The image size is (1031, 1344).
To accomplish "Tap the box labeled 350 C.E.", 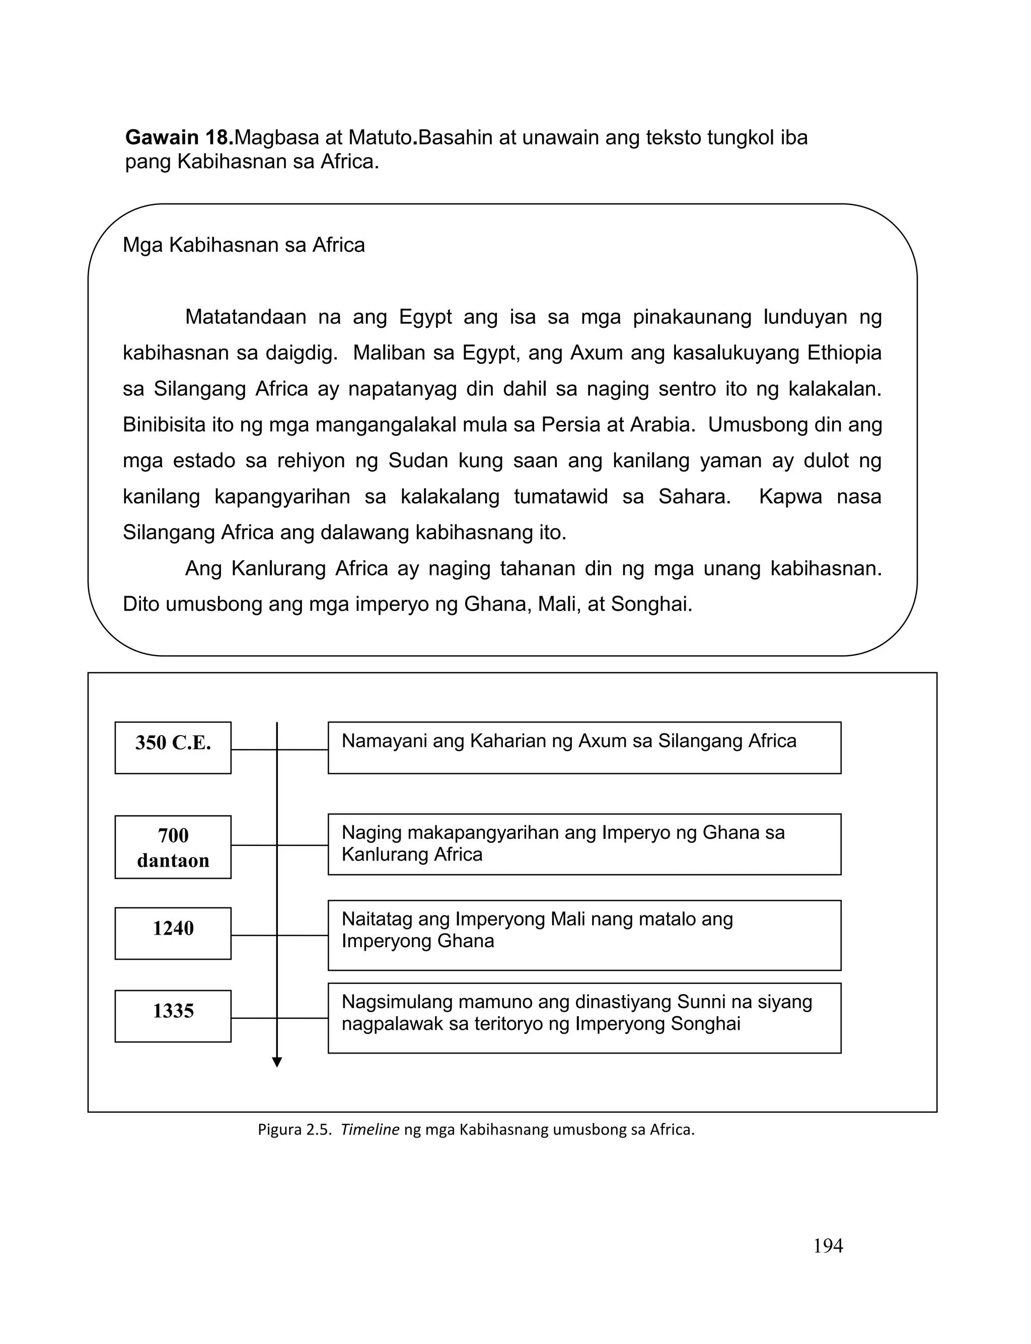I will click(x=173, y=747).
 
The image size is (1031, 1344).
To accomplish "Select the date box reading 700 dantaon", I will click(x=173, y=847).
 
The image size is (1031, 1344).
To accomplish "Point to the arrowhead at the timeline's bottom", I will click(x=277, y=1063).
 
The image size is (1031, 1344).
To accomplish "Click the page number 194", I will click(x=827, y=1246).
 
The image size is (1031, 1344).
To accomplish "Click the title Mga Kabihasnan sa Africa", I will click(x=244, y=245).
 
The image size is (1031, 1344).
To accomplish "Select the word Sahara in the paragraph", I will click(x=694, y=497).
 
